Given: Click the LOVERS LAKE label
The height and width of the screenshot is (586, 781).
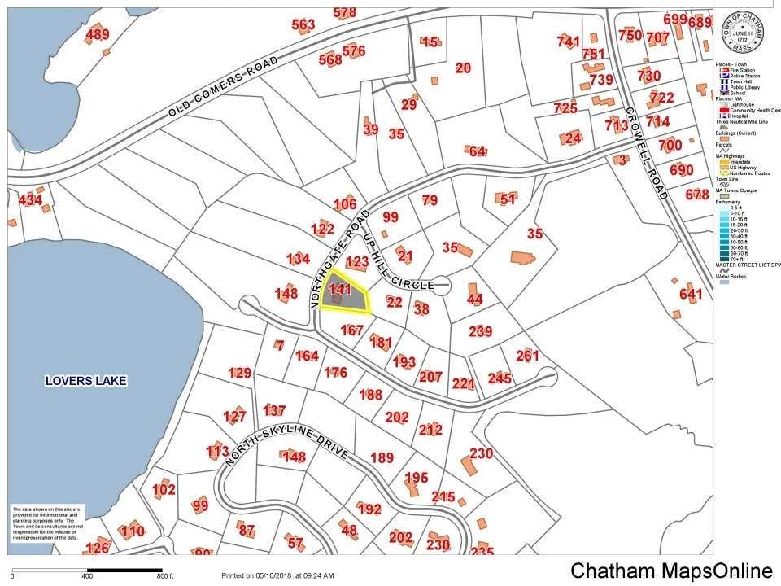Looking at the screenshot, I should click(x=86, y=380).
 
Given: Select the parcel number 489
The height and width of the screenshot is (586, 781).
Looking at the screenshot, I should click(x=97, y=34).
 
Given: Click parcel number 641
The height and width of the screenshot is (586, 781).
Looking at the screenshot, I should click(x=690, y=294).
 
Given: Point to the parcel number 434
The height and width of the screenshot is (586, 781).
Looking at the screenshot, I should click(x=30, y=199).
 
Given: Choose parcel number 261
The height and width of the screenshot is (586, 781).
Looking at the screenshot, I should click(x=527, y=355).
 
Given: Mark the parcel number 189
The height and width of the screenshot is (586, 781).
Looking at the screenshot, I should click(x=382, y=457).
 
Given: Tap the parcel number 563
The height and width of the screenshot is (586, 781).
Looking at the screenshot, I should click(x=303, y=25).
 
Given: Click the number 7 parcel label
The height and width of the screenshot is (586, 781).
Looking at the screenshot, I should click(x=280, y=345).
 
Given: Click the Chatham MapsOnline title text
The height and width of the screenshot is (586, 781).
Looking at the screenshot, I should click(x=671, y=571).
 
